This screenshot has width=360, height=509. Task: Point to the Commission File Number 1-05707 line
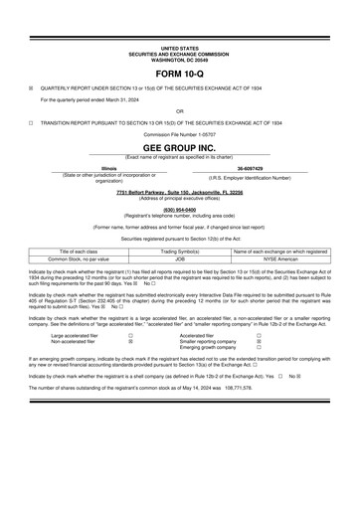pyautogui.click(x=179, y=131)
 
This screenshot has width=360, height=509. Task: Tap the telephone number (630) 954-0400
pyautogui.click(x=179, y=209)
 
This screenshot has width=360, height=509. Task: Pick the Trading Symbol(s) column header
pyautogui.click(x=180, y=252)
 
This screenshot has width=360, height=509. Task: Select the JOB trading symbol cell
pyautogui.click(x=180, y=258)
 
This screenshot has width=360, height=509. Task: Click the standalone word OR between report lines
pyautogui.click(x=179, y=109)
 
